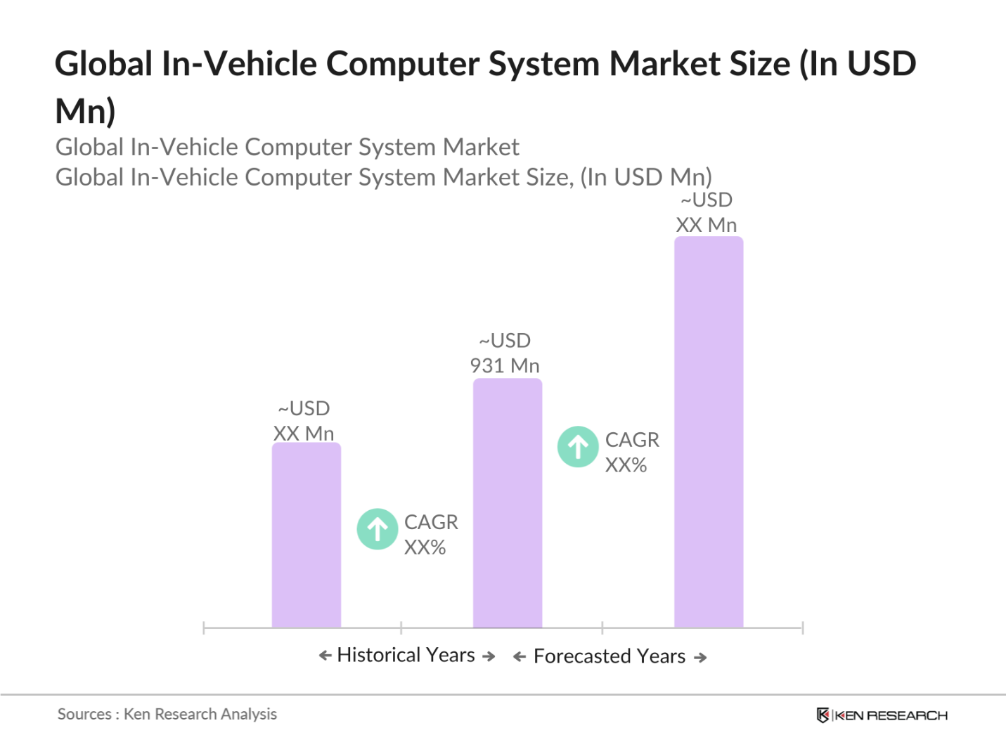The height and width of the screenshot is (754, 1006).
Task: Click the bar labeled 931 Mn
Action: pos(507,503)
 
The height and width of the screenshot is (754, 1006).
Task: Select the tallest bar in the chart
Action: pos(708,431)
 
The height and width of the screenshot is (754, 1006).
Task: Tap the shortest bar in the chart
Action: pos(306,535)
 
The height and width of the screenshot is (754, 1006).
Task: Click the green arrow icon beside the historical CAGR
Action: pos(378,529)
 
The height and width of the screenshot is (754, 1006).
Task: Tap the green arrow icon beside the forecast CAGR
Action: pos(578,447)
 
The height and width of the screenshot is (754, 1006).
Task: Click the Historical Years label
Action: pos(406,655)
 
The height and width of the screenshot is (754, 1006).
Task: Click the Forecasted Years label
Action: pos(609,656)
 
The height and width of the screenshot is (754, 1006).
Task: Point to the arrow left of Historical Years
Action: pos(325,656)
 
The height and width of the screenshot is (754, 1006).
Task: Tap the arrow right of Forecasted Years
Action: pos(700,658)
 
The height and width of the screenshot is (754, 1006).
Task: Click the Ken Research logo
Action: pos(882,715)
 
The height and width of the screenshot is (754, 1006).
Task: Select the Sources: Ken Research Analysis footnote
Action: pos(167,714)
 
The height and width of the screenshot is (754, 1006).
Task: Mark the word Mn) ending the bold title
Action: pos(85,111)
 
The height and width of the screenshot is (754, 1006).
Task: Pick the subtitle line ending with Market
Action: pos(287,147)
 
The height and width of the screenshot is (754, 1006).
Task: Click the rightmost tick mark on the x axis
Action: pos(802,628)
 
